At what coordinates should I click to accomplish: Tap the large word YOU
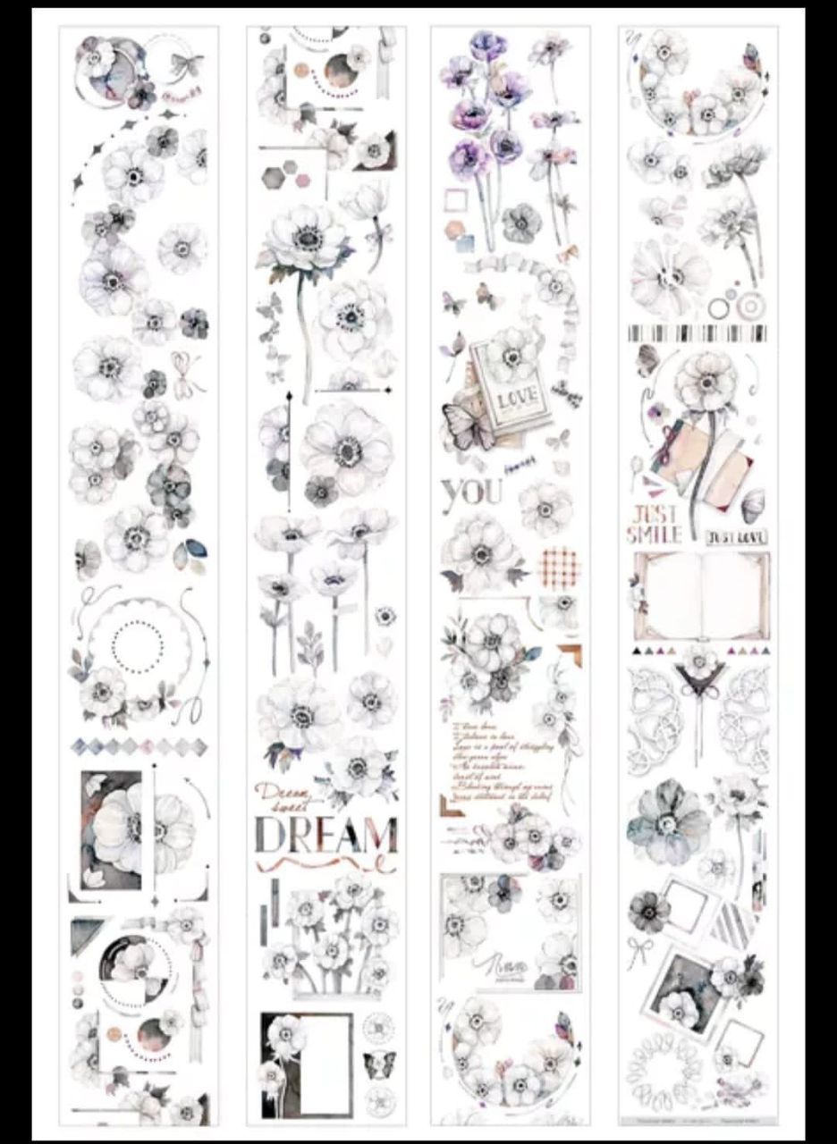click(472, 492)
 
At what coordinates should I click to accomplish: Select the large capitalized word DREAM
click(325, 833)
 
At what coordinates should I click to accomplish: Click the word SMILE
click(654, 534)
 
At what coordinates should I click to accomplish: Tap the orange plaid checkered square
click(560, 564)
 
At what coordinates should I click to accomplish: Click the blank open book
click(702, 593)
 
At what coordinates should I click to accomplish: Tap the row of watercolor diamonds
click(139, 746)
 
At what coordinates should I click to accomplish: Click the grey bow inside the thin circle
click(186, 64)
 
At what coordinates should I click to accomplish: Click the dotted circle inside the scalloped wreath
click(138, 640)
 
